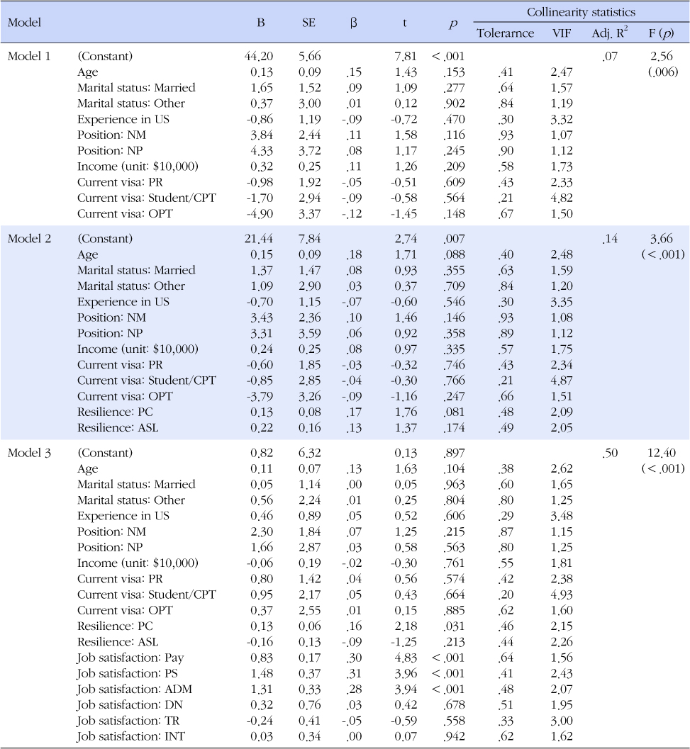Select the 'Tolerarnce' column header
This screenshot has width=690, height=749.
point(505,33)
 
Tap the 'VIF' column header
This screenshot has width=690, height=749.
point(562,33)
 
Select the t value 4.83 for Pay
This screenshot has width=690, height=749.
point(404,656)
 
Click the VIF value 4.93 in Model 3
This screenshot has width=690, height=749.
point(562,594)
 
